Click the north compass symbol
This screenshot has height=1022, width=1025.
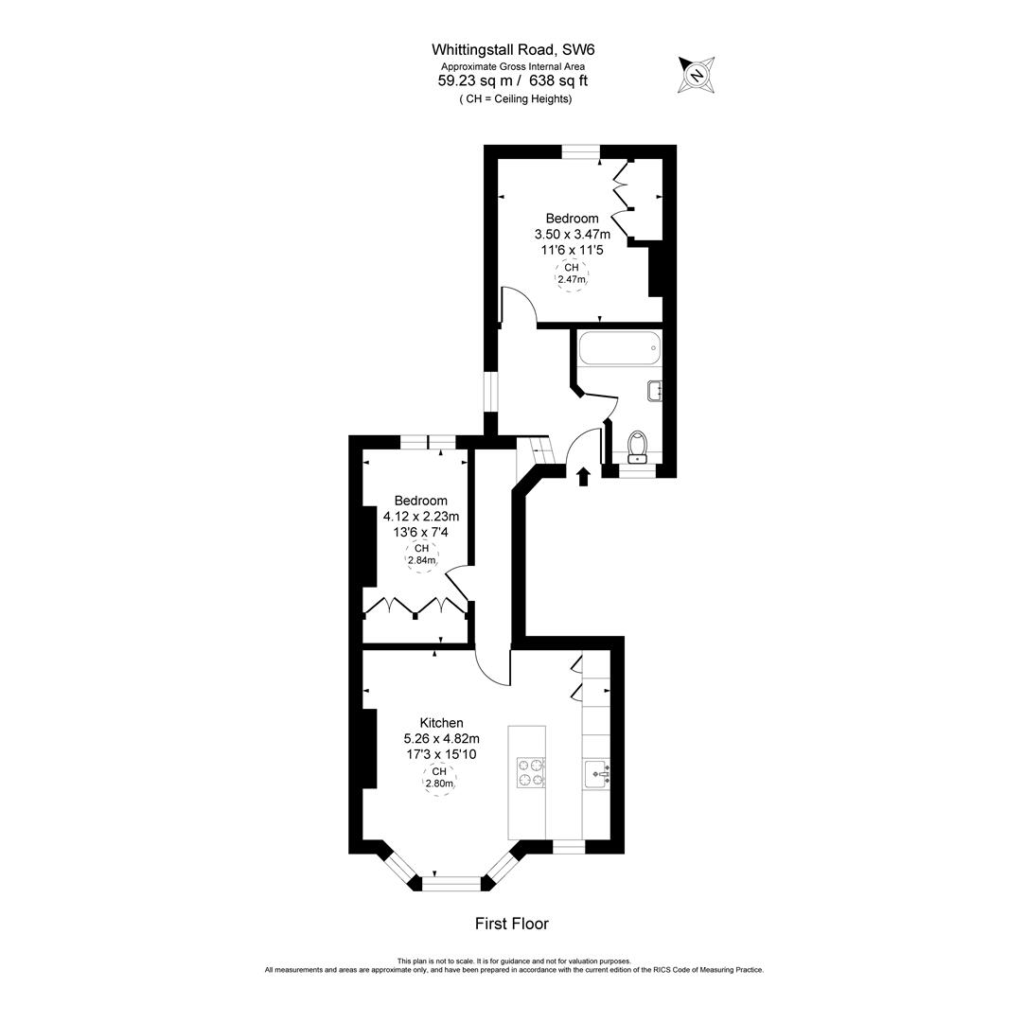point(697,75)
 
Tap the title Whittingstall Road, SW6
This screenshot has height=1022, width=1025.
point(513,49)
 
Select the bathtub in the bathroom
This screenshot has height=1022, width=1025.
point(619,348)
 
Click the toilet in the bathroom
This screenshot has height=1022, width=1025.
point(638,445)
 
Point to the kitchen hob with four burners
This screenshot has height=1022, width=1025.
point(530,772)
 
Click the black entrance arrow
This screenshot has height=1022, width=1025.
point(583,476)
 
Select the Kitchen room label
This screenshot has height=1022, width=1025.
point(441,723)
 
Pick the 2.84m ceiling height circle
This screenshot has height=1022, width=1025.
point(421,555)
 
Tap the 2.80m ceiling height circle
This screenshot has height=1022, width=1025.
point(439,778)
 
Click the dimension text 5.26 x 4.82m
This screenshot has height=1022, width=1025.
point(441,739)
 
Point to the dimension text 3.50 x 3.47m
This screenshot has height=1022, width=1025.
point(572,235)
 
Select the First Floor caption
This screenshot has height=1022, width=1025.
point(511,924)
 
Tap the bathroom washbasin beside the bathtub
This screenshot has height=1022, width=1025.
point(654,390)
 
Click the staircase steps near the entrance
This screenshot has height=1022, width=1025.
point(533,453)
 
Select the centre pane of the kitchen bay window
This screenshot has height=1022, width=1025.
point(451,883)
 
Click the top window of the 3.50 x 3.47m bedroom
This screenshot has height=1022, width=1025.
point(580,150)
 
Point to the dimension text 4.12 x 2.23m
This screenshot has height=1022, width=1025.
point(421,517)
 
